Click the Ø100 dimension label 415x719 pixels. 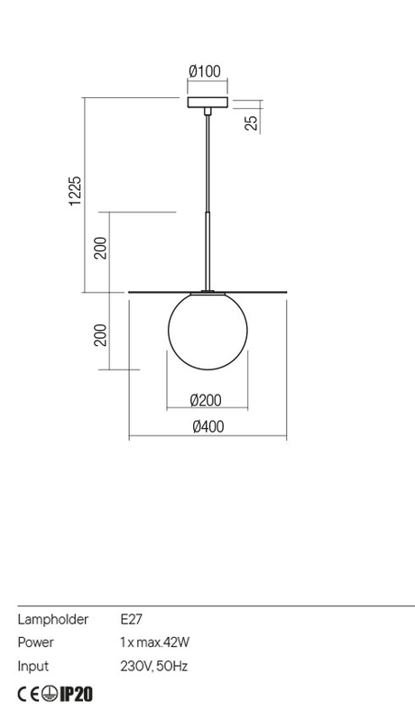(205, 71)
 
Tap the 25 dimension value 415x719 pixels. (252, 123)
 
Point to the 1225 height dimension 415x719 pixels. (75, 191)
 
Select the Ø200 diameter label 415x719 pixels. (206, 400)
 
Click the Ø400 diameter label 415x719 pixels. (208, 426)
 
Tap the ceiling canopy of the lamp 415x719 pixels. (207, 102)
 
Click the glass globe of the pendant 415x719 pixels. (208, 330)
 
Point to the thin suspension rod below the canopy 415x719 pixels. (208, 163)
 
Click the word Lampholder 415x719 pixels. (53, 620)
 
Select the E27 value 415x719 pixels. (132, 620)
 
